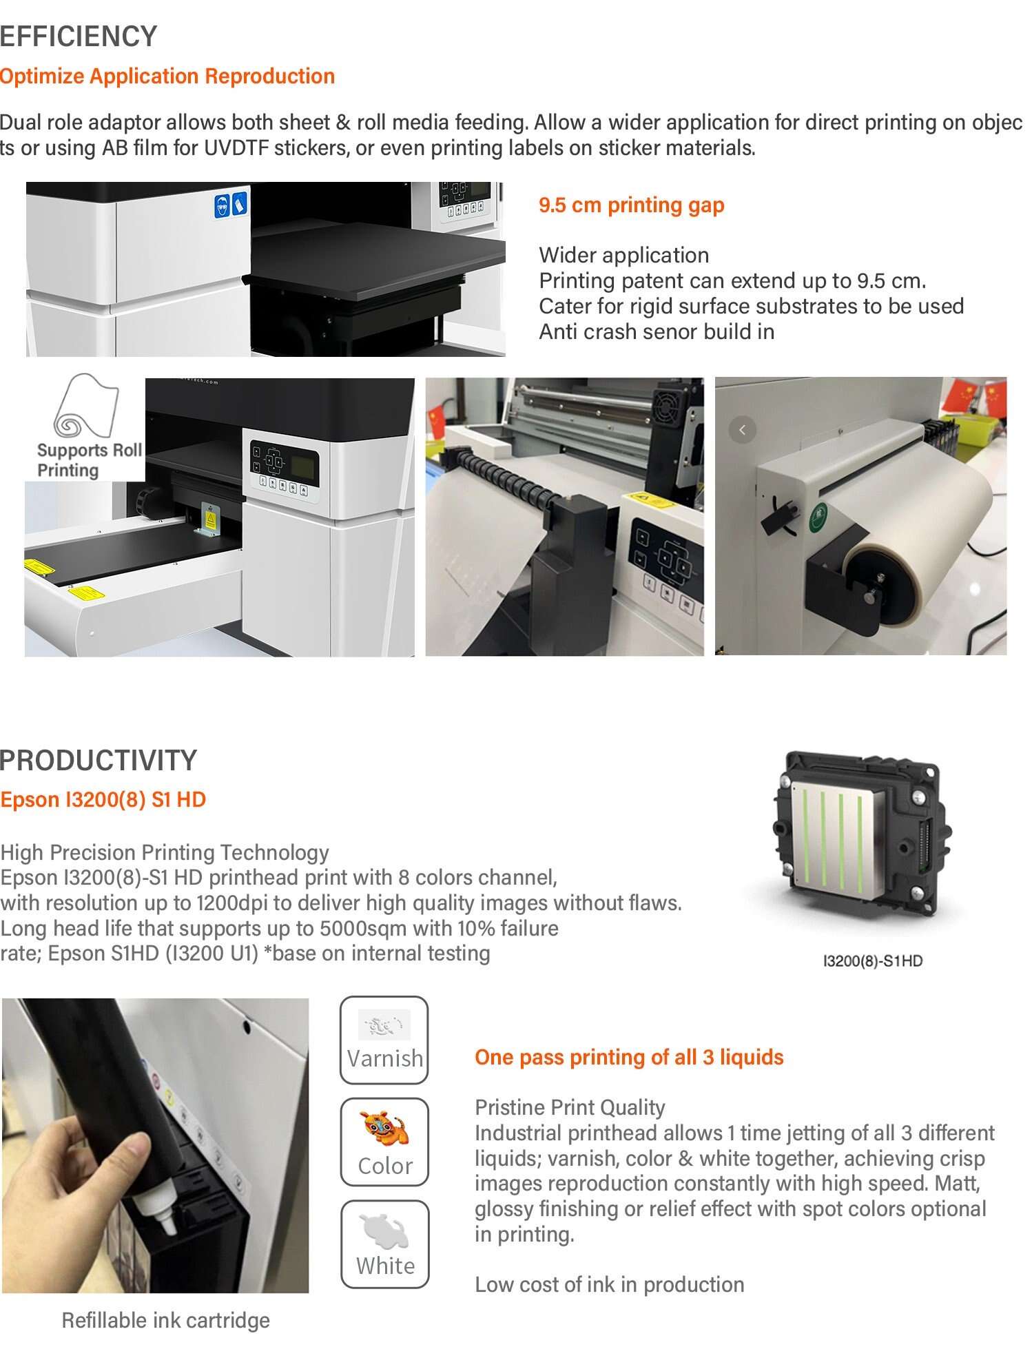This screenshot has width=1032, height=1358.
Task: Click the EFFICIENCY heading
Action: tap(79, 36)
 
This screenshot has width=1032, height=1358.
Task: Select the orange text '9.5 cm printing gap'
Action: tap(632, 205)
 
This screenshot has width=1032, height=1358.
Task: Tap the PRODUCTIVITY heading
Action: tap(99, 760)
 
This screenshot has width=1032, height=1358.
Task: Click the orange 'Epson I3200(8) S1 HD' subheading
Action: tap(103, 799)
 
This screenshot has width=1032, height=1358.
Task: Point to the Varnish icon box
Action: tap(384, 1040)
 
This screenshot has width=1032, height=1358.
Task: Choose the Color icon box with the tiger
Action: tap(384, 1142)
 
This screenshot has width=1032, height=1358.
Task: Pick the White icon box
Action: tap(384, 1244)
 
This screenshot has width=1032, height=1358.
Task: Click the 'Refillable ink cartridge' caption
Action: tap(166, 1320)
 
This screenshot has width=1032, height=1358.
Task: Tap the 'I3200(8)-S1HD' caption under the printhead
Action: tap(873, 960)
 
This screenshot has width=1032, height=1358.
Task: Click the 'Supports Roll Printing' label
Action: tap(90, 460)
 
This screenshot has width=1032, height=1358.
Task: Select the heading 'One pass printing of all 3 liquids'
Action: tap(629, 1057)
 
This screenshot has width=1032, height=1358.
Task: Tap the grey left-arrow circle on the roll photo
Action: tap(742, 430)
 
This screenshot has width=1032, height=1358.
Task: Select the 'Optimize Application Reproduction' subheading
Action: tap(167, 76)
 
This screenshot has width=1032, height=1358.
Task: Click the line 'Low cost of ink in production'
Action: tap(610, 1284)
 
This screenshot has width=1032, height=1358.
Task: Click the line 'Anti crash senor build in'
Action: tap(657, 331)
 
